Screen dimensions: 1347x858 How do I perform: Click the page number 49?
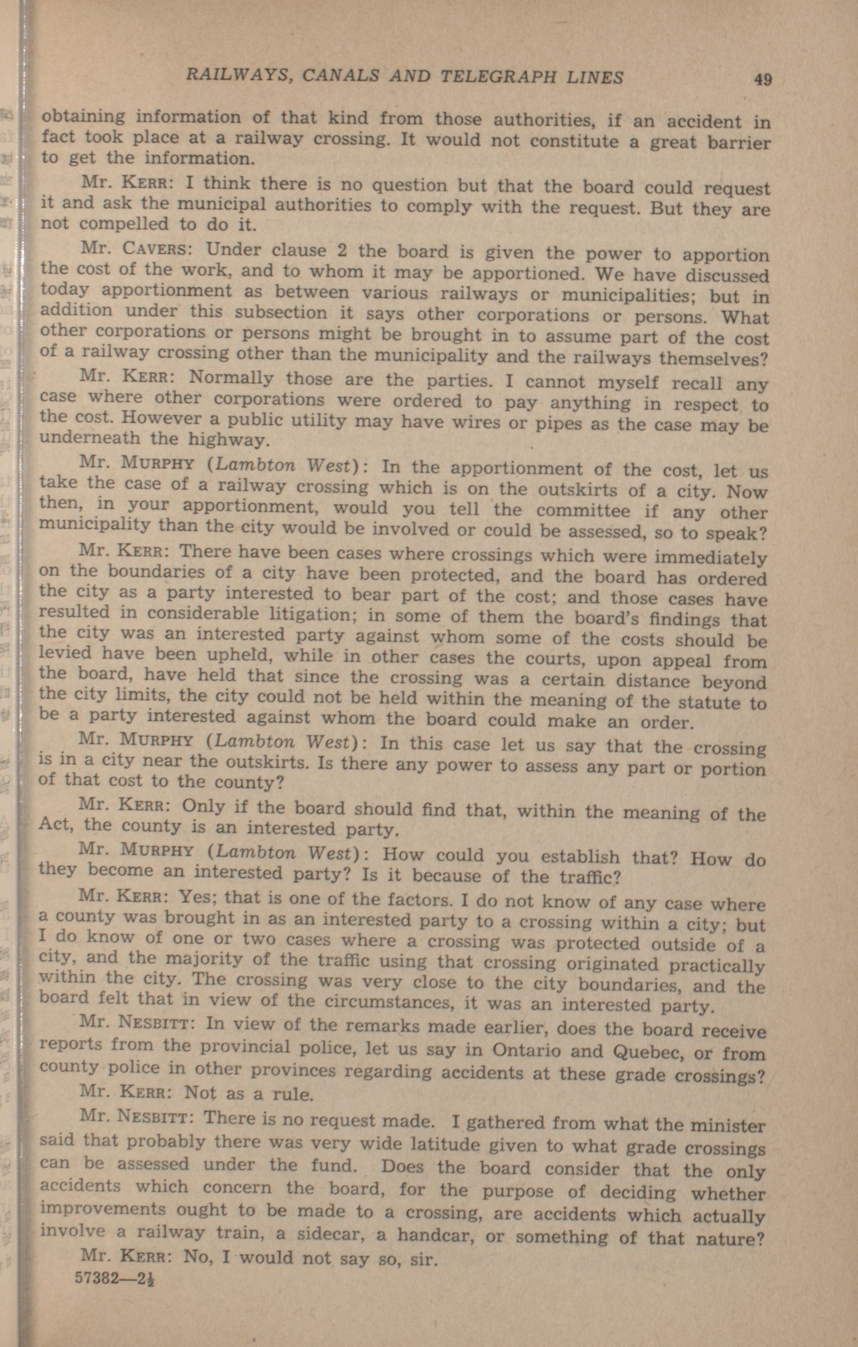tap(762, 79)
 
